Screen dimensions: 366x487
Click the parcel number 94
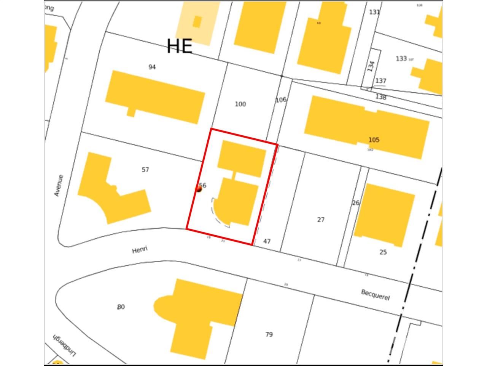point(152,67)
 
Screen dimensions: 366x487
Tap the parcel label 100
point(240,104)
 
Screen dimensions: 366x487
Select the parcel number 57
point(145,170)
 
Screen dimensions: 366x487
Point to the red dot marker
point(199,188)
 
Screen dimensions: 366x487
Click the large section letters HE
point(180,46)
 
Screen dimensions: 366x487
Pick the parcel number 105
point(374,140)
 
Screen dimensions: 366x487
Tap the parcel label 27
point(321,220)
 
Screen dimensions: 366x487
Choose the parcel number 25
point(383,252)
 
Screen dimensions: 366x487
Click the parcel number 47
point(267,241)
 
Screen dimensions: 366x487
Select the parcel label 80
point(121,307)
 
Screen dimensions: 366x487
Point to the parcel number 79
point(269,334)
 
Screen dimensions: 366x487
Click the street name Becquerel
point(375,295)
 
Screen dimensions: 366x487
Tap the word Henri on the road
point(140,250)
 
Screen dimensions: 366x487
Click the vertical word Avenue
point(58,186)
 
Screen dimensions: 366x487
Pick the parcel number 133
point(401,59)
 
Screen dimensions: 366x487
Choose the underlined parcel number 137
point(380,81)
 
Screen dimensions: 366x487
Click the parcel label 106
point(280,100)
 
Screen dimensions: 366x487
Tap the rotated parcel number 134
point(371,66)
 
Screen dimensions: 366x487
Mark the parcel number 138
point(381,97)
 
